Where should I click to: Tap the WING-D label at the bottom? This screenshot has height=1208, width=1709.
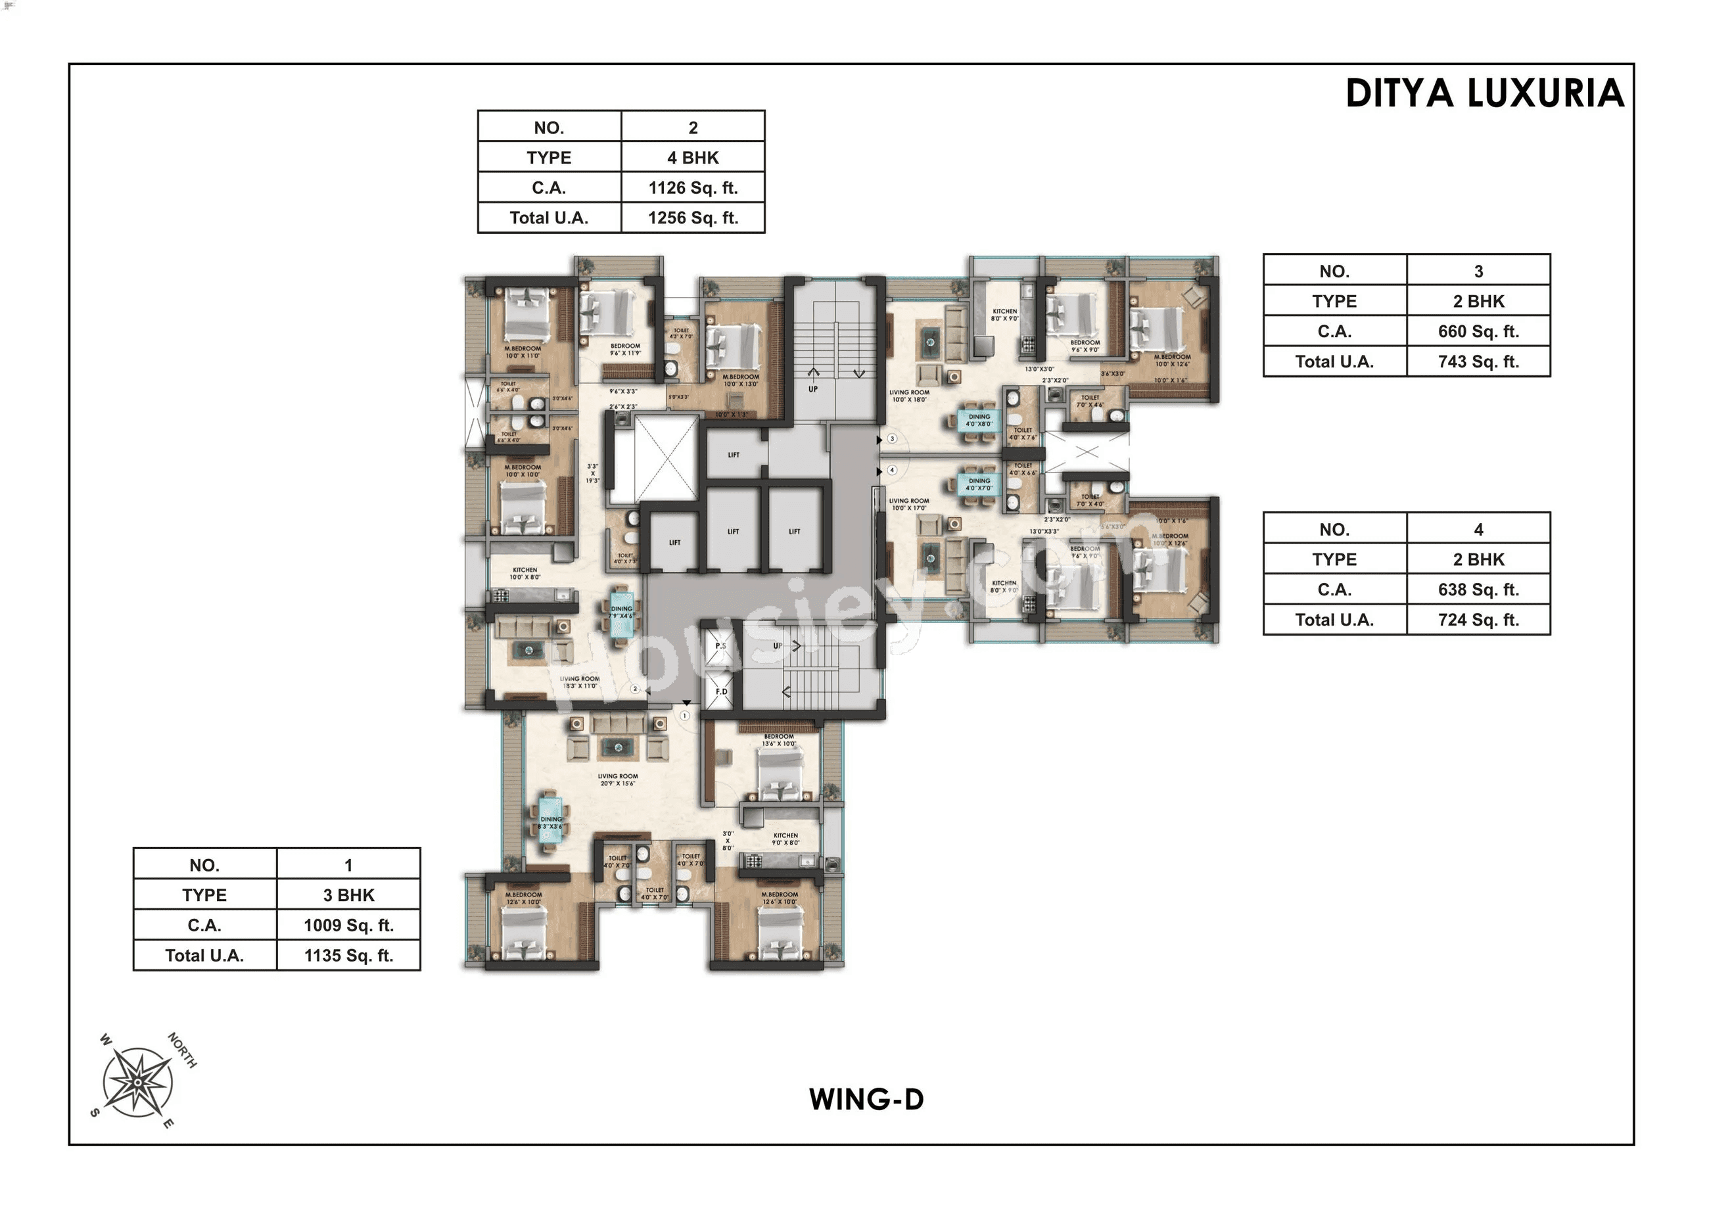pos(866,1100)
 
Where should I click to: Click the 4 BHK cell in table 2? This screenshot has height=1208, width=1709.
pos(692,158)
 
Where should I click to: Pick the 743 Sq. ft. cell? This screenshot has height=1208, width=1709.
pos(1478,361)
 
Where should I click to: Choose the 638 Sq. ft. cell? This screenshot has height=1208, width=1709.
pos(1478,590)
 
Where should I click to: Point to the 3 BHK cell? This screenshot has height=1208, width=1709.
pos(348,895)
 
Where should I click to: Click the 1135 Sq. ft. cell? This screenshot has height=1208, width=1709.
pos(348,956)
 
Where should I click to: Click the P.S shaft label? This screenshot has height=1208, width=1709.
pos(720,646)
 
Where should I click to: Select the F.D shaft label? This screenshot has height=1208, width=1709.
pos(721,691)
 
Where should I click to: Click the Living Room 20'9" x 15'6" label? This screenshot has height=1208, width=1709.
pos(618,779)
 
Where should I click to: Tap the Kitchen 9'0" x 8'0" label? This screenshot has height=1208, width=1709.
pos(785,839)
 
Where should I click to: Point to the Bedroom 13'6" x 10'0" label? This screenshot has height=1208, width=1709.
pos(778,740)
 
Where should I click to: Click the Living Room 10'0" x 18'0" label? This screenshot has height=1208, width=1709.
pos(909,396)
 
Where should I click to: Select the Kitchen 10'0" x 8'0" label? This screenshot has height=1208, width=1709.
pos(525,573)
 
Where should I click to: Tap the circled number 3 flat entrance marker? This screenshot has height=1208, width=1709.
pos(893,439)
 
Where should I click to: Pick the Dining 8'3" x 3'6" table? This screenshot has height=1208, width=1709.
pos(551,821)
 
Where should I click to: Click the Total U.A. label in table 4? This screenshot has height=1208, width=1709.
pos(1334,620)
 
